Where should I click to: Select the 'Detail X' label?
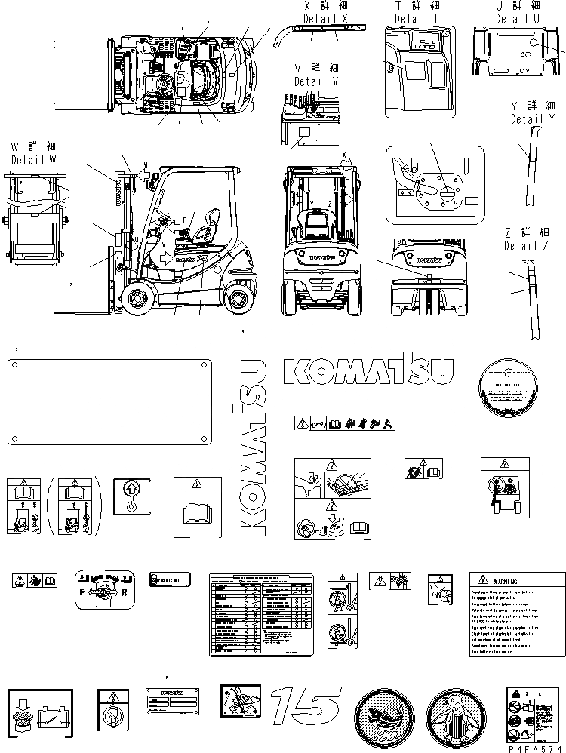[326, 17]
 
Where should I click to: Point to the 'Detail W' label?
[33, 161]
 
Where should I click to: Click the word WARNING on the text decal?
[515, 582]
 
